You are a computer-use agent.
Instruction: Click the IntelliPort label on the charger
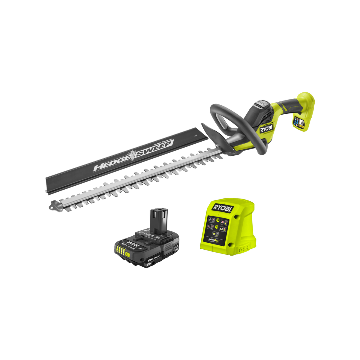pyautogui.click(x=214, y=239)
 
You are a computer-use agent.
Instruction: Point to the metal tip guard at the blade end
pyautogui.click(x=55, y=205)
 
